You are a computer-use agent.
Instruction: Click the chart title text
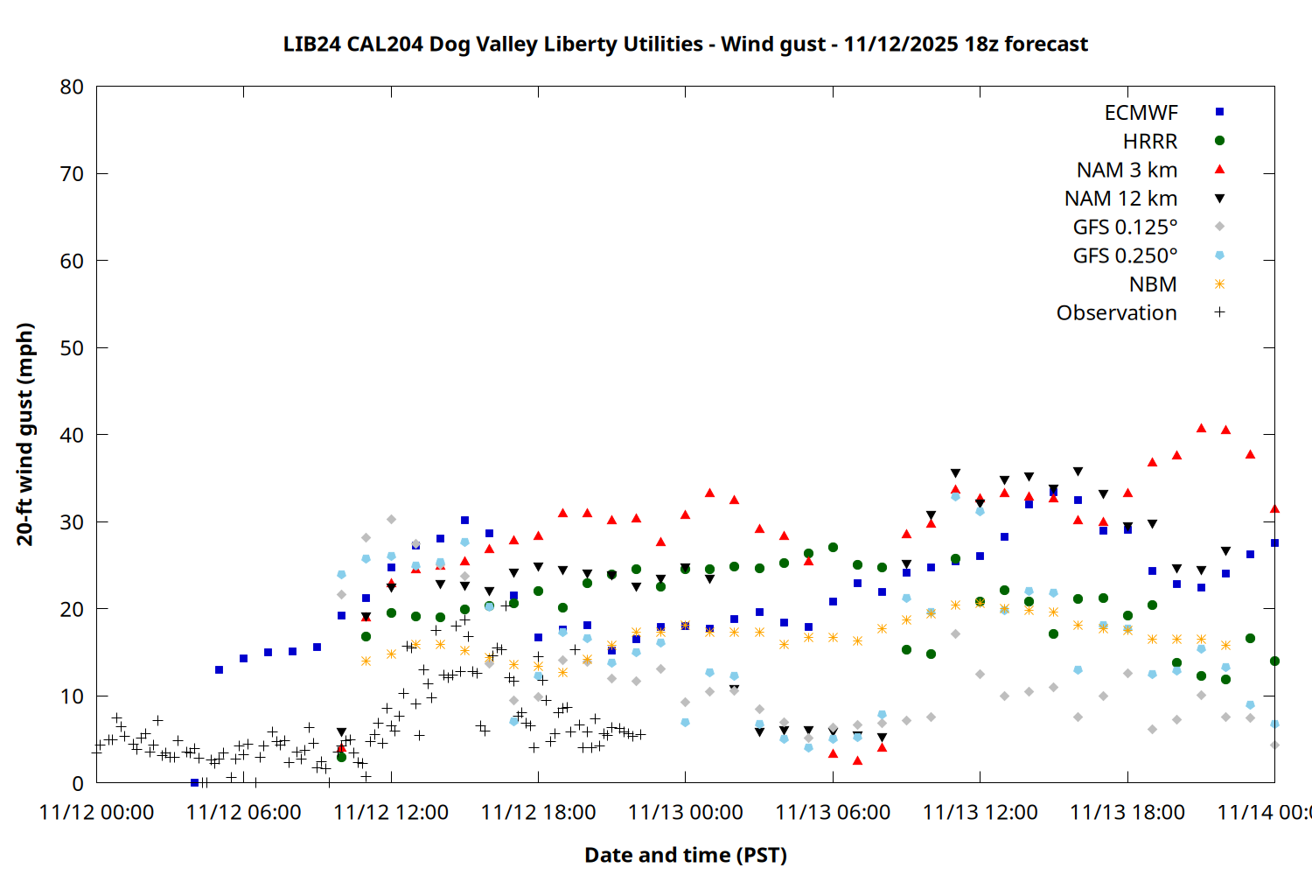685,44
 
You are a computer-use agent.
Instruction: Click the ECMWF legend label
1141,113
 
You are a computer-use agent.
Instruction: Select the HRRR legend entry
1150,142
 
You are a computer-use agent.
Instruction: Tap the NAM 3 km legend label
1127,170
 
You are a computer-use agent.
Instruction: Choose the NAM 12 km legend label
1120,199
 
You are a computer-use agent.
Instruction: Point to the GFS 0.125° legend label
1125,227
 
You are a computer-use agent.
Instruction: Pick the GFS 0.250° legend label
1125,255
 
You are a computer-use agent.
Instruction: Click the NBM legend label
1153,284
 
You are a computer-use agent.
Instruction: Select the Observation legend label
1116,313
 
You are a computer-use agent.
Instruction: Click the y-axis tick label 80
72,87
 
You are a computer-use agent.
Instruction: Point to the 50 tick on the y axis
72,347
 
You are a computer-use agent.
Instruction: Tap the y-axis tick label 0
78,783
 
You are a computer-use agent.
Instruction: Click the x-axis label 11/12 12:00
391,812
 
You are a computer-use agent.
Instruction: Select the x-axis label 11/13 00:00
685,812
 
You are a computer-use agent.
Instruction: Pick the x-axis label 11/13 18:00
1127,812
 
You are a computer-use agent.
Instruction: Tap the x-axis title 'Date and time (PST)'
685,855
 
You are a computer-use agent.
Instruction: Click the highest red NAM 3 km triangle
1201,428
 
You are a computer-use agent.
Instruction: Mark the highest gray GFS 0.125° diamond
391,520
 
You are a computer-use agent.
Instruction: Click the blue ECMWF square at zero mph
194,782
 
